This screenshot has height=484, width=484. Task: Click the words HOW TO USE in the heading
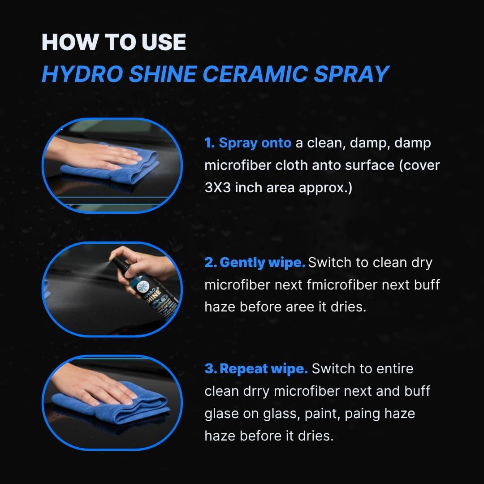pos(113,42)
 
